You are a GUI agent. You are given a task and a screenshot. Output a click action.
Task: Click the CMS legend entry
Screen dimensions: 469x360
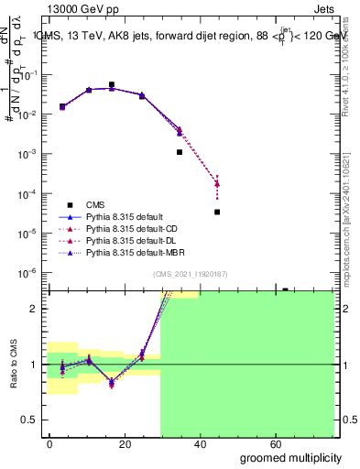pyautogui.click(x=96, y=204)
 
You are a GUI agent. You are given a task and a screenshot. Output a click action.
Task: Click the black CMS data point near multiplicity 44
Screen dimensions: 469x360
pyautogui.click(x=217, y=212)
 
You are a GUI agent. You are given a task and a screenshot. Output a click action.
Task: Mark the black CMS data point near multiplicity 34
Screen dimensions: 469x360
pyautogui.click(x=180, y=152)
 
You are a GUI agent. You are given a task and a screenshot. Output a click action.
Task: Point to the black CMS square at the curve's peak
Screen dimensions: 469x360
pyautogui.click(x=112, y=84)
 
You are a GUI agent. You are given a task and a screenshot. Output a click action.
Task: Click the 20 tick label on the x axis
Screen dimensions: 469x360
pyautogui.click(x=125, y=443)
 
